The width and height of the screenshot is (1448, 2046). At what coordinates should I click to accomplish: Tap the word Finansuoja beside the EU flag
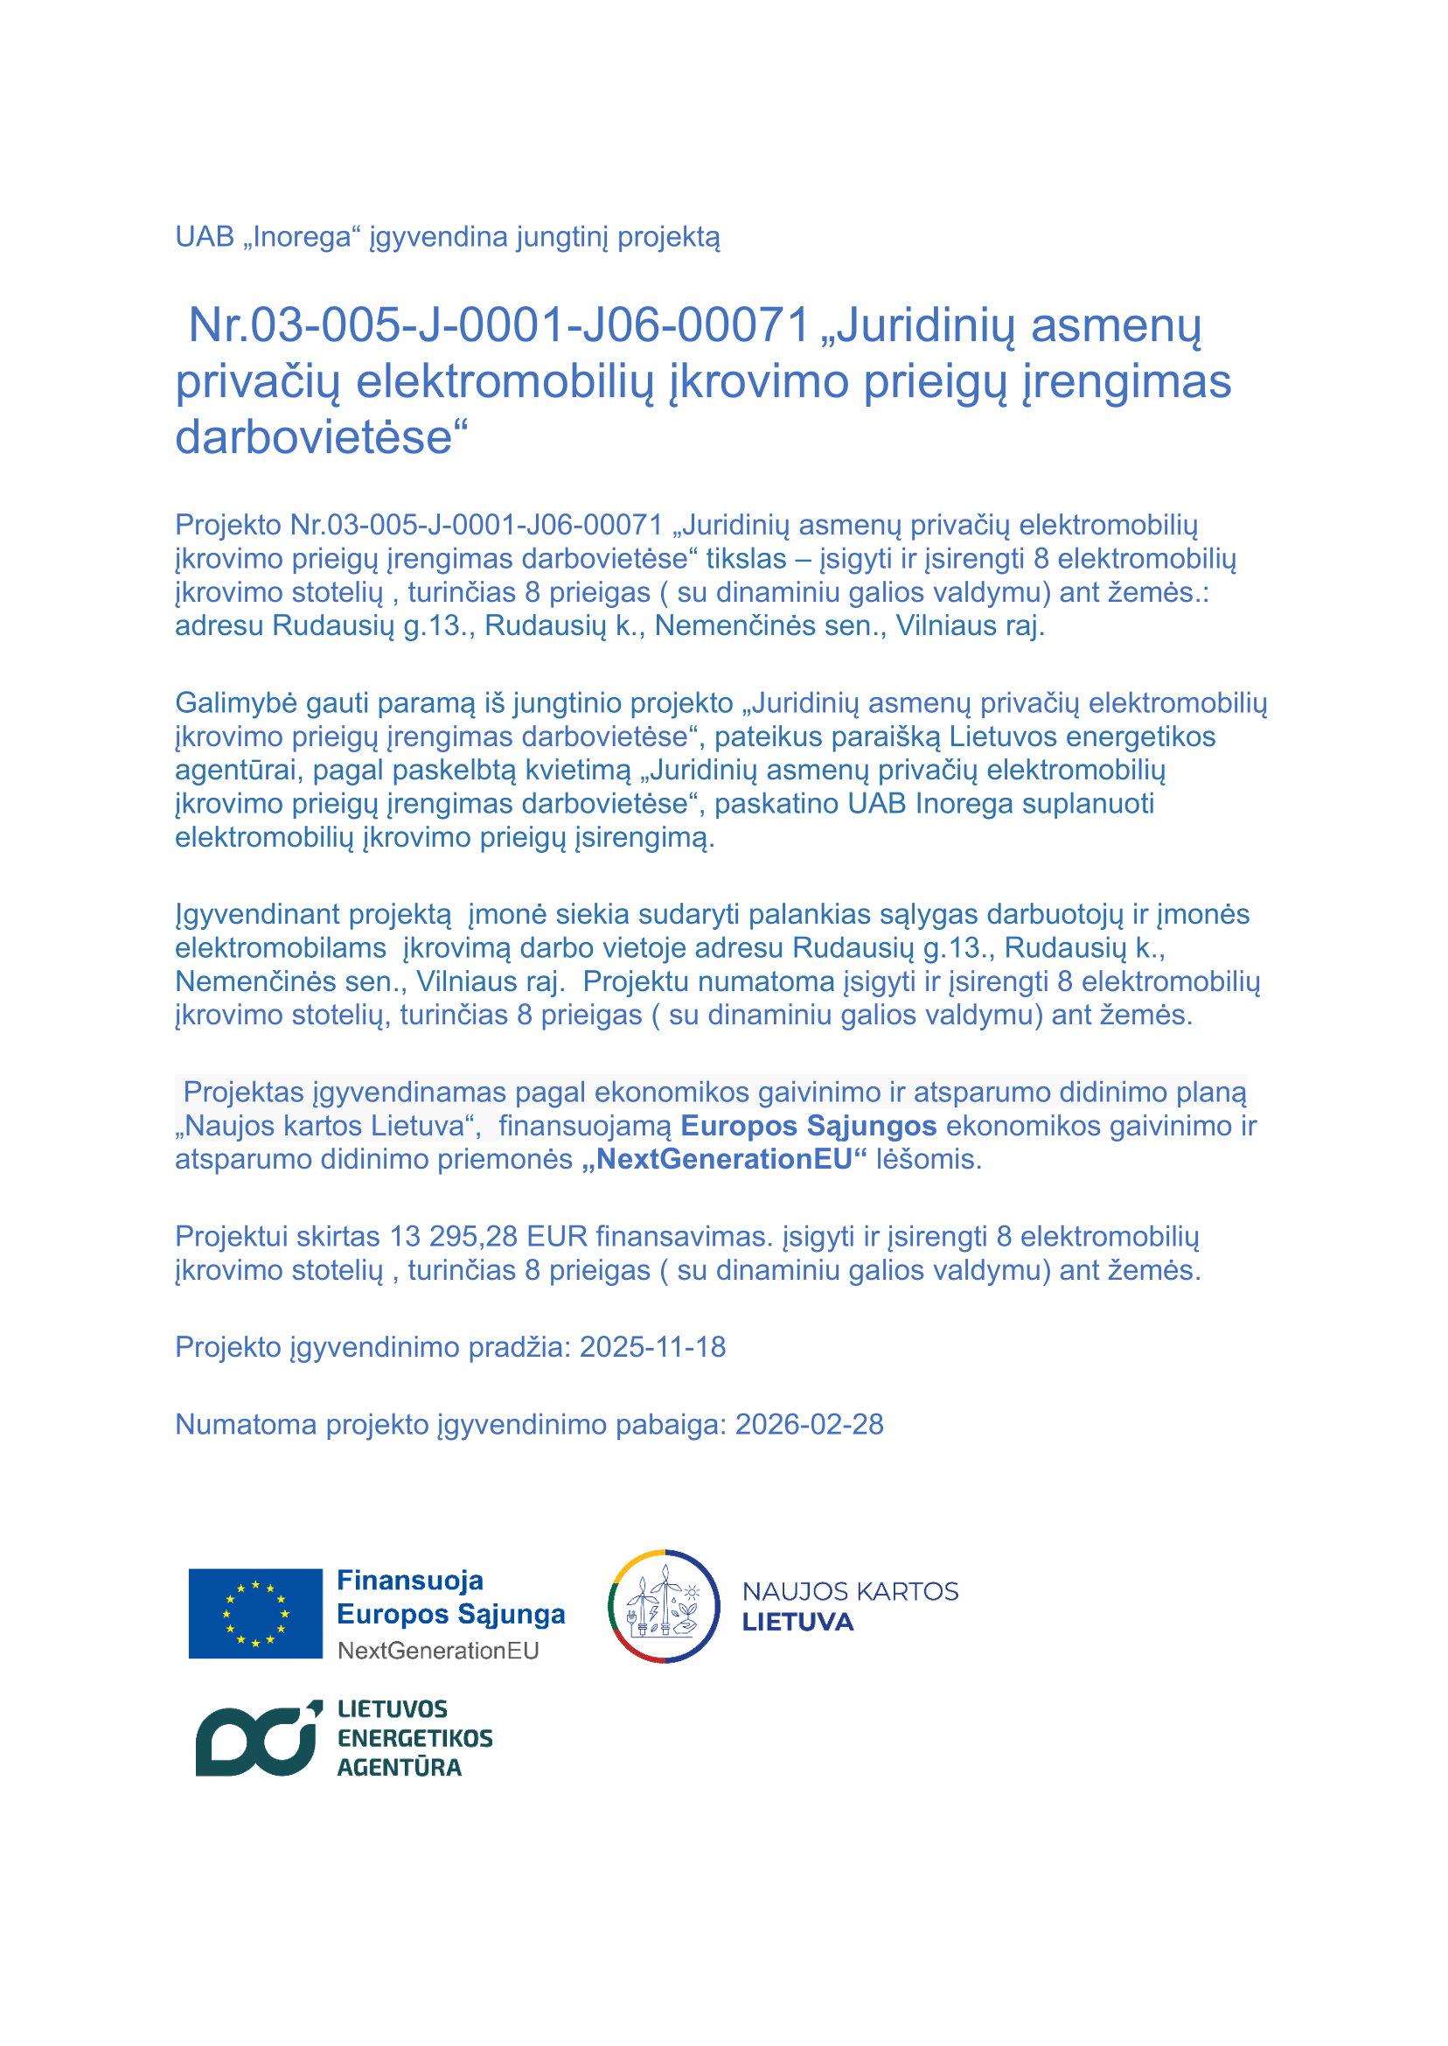point(409,1581)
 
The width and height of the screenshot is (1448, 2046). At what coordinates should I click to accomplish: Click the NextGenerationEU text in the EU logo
point(438,1650)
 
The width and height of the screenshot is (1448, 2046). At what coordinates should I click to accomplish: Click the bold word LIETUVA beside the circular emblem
point(797,1623)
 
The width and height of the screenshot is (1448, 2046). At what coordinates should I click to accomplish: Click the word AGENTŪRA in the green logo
point(399,1767)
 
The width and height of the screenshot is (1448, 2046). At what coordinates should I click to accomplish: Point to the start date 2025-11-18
point(652,1347)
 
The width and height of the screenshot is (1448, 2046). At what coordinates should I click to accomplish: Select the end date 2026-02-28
point(809,1424)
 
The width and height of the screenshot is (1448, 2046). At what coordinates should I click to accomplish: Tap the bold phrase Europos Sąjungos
point(808,1126)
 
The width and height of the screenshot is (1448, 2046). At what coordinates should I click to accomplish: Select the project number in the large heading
point(498,325)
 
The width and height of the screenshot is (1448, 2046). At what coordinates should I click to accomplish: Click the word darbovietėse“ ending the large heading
point(321,437)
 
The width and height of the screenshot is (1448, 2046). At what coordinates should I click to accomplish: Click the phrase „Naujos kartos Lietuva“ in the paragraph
point(327,1126)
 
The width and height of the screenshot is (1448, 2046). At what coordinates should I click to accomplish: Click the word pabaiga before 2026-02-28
point(677,1424)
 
